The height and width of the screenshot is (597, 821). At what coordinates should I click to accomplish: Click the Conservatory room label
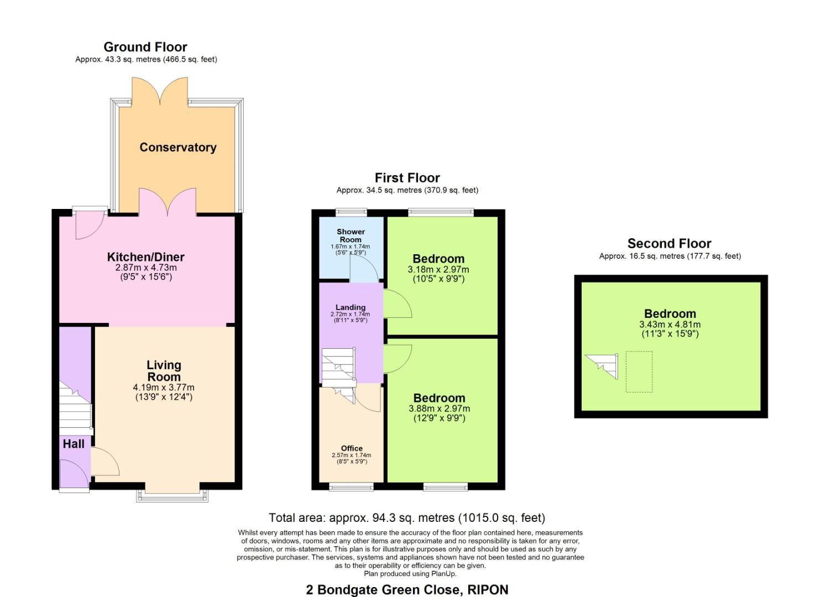[x=177, y=147]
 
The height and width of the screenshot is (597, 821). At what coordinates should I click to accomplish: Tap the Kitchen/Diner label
[x=145, y=257]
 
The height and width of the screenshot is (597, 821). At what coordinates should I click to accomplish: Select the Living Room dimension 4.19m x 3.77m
[x=164, y=387]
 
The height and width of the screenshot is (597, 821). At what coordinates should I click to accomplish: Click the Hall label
[x=74, y=444]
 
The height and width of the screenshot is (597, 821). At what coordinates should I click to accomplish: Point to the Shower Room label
[x=351, y=235]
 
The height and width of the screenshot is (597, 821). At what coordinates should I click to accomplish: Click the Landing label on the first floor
[x=351, y=307]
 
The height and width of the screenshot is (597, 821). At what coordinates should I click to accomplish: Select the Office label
[x=352, y=448]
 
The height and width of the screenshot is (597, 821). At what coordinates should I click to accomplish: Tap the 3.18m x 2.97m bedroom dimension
[x=438, y=270]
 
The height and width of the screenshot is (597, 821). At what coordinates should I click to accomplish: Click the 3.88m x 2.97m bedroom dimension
[x=439, y=409]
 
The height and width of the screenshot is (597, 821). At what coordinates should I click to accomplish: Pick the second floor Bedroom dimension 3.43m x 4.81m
[x=670, y=324]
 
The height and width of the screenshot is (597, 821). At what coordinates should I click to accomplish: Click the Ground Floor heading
[x=145, y=47]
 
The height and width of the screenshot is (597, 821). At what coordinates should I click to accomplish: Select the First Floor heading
[x=407, y=178]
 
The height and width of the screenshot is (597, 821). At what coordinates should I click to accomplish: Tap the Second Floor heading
[x=669, y=243]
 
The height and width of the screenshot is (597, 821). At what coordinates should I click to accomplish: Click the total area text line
[x=407, y=518]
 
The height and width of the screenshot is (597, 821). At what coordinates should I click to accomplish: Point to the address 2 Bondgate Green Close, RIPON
[x=407, y=590]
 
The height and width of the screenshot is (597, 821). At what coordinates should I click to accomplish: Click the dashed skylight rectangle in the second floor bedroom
[x=639, y=371]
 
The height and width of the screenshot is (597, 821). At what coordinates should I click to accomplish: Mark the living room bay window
[x=172, y=495]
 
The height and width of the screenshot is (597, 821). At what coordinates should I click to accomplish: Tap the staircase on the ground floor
[x=75, y=409]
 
